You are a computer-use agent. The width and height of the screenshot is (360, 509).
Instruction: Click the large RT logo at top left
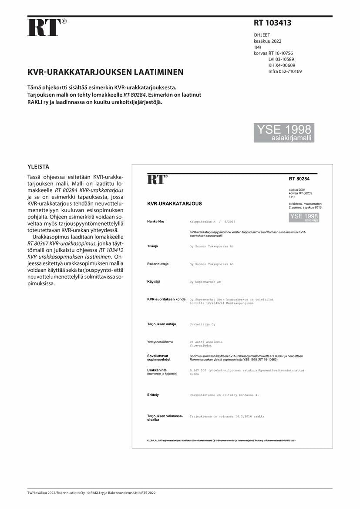(x=44, y=27)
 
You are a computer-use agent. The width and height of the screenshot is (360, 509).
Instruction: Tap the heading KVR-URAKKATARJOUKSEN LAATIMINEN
(x=106, y=72)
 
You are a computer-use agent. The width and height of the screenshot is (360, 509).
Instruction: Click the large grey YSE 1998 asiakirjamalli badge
(x=284, y=133)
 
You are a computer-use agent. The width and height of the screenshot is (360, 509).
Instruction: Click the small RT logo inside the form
(x=157, y=179)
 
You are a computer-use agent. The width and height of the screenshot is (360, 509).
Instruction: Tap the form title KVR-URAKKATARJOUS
(x=175, y=204)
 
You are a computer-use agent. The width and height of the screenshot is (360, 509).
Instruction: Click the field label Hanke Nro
(x=155, y=222)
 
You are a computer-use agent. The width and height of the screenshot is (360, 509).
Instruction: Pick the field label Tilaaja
(x=152, y=246)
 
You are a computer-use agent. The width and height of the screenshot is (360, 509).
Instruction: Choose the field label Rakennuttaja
(x=158, y=264)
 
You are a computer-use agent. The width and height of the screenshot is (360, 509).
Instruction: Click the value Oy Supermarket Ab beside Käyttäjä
(x=205, y=282)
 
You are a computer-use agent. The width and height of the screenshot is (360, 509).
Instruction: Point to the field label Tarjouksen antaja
(x=161, y=324)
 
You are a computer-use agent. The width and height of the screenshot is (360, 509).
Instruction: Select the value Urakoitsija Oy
(x=202, y=324)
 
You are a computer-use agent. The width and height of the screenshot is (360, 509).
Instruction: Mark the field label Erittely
(x=153, y=394)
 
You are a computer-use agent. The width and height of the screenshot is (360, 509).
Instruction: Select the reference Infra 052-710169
(x=285, y=71)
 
